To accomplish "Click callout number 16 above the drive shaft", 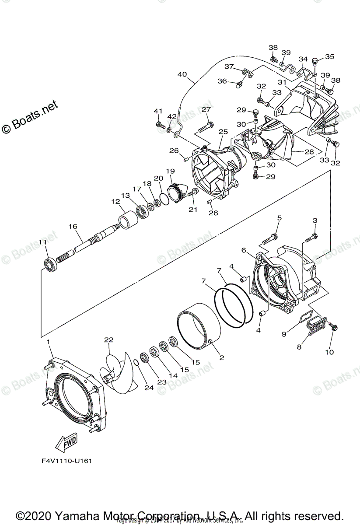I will tap(73, 226).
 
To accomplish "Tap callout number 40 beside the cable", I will tap(182, 75).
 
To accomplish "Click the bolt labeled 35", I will tap(317, 61).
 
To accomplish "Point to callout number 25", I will tap(223, 131).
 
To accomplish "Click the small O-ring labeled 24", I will tap(137, 363).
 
